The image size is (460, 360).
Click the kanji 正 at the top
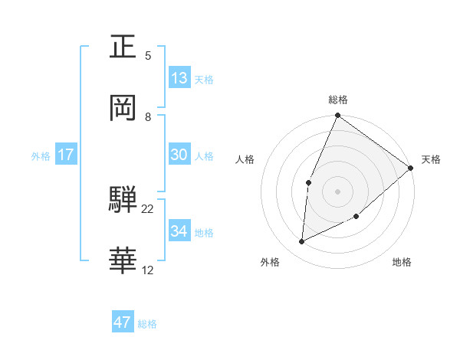tap(123, 47)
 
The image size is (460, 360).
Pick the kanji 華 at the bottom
tap(123, 260)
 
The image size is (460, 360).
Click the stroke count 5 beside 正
tap(148, 56)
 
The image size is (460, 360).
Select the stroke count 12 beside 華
tap(148, 270)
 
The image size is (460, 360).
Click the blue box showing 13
tap(179, 77)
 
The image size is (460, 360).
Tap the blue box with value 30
tap(179, 154)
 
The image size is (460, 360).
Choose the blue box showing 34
tap(179, 231)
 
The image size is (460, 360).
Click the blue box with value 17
tap(66, 155)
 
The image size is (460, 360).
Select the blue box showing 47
tap(123, 322)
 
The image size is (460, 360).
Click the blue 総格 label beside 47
tap(147, 324)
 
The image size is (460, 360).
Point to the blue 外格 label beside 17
tap(41, 156)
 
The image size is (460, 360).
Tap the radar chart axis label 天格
tap(431, 159)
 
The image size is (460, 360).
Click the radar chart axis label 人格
tap(245, 159)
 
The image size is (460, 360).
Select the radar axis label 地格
tap(402, 263)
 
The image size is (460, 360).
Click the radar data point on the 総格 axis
tap(337, 116)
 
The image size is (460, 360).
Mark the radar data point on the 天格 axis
tap(410, 168)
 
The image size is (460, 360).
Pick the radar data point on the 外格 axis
tap(302, 242)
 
